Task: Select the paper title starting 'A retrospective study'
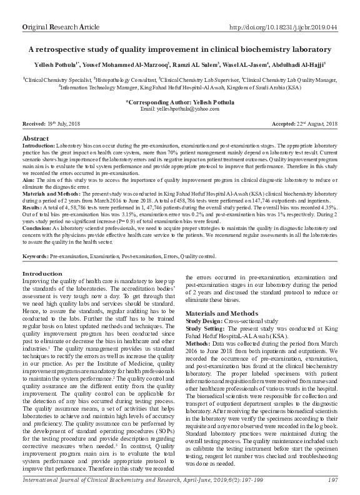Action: point(180,49)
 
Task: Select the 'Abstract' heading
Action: point(36,137)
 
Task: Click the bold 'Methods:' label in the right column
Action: point(198,361)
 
